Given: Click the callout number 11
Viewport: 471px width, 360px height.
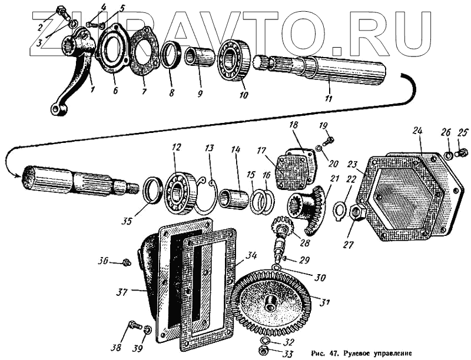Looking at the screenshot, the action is pos(329,98).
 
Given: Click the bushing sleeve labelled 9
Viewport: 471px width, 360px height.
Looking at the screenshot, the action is pos(196,58).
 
